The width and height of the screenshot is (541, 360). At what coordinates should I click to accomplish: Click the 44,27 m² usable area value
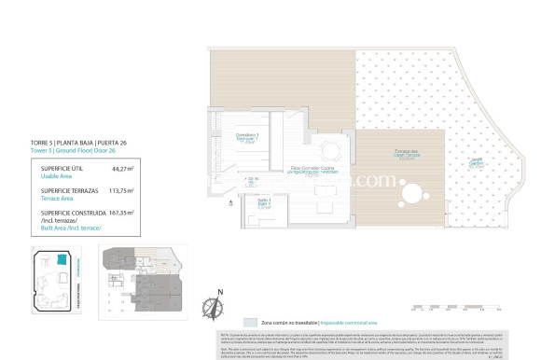122,169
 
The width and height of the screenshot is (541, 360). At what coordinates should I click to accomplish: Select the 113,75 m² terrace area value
120,190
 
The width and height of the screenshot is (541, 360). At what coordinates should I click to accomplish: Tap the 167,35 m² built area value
120,213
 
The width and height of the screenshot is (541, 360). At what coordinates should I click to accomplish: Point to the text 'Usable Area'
58,174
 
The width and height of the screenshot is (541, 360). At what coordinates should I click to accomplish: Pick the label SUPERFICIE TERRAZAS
68,190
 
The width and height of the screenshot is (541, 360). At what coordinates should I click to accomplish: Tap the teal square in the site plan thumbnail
62,261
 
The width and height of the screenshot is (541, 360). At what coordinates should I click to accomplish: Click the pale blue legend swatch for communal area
237,320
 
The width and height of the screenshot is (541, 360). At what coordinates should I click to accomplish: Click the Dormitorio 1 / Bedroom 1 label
247,138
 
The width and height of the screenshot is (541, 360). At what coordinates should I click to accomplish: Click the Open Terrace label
404,154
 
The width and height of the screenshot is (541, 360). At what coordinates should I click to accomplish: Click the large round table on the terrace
409,194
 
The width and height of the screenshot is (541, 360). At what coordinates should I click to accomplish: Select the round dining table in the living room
329,149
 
